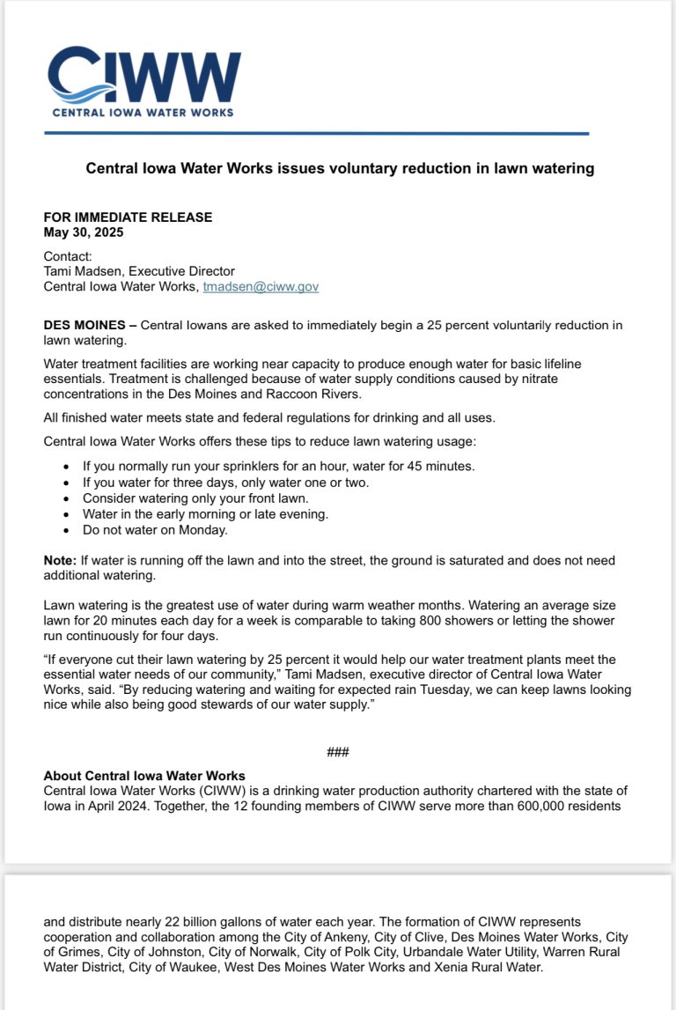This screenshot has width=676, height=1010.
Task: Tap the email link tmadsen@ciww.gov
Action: pyautogui.click(x=261, y=286)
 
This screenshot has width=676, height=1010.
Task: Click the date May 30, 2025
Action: pyautogui.click(x=84, y=232)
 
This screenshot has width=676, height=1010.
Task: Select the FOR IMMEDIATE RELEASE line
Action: pyautogui.click(x=128, y=217)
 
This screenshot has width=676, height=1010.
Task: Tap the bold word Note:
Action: pyautogui.click(x=60, y=560)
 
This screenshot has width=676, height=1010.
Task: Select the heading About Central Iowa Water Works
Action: pyautogui.click(x=144, y=776)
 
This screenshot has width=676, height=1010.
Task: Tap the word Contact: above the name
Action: pyautogui.click(x=68, y=256)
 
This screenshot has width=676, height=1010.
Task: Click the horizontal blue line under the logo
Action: pyautogui.click(x=316, y=134)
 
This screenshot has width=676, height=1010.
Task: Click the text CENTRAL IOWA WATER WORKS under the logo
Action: pyautogui.click(x=143, y=113)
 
